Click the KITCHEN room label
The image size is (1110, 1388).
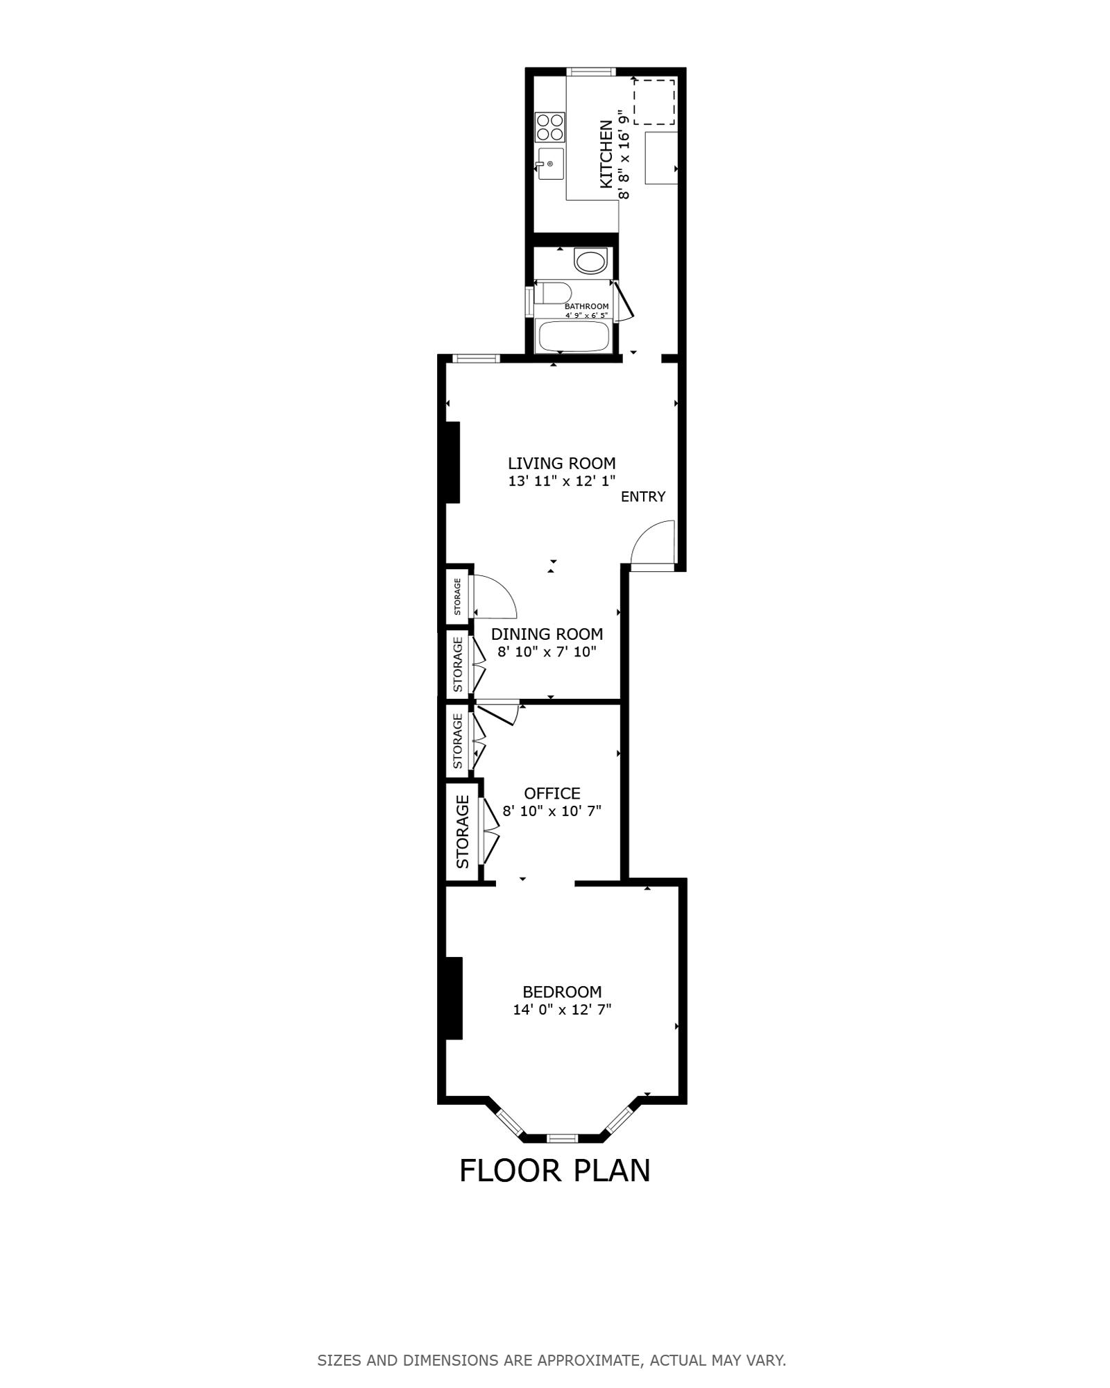[606, 154]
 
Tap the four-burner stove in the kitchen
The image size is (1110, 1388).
[550, 128]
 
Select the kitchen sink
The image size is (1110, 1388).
[550, 164]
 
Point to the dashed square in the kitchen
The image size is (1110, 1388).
[654, 102]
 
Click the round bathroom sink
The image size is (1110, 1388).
[590, 262]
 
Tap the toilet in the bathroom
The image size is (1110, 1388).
[553, 292]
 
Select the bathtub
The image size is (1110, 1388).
[574, 337]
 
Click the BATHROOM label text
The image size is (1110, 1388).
[586, 306]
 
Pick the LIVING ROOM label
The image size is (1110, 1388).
[562, 463]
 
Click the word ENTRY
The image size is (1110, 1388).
[643, 496]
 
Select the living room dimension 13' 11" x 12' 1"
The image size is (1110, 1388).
[562, 481]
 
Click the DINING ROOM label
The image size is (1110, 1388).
[547, 634]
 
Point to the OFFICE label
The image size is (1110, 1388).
[552, 793]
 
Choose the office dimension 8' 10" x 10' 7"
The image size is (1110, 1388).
[552, 811]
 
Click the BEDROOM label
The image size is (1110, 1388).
[562, 992]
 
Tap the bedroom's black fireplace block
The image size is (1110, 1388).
[454, 998]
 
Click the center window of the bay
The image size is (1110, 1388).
[562, 1137]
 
